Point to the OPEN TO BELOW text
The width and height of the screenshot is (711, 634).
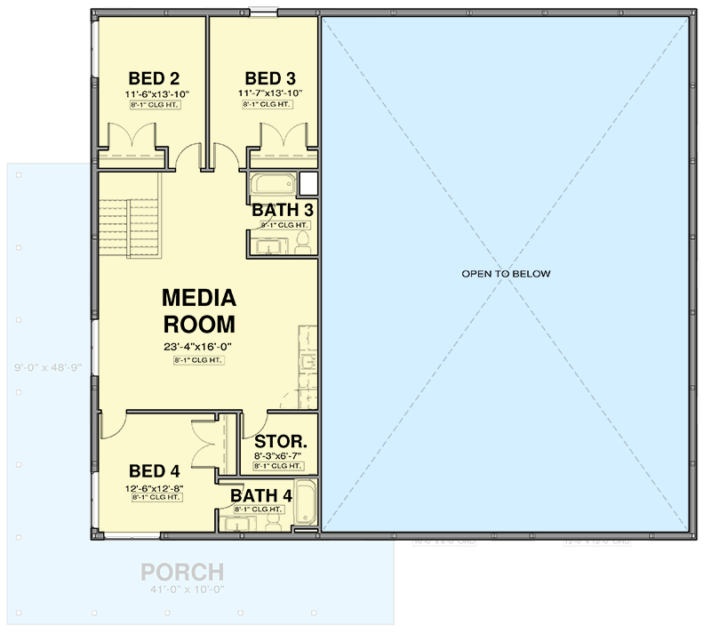point(506,274)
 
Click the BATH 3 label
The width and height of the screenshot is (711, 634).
point(283,211)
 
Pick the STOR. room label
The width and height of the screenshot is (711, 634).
point(281,441)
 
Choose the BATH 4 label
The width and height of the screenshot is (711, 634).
point(260,495)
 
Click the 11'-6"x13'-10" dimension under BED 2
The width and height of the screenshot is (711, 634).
point(158,93)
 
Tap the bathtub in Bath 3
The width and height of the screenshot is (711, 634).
point(272,184)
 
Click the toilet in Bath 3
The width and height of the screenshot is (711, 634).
point(303,242)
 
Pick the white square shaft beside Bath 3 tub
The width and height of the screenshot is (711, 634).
point(308,183)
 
